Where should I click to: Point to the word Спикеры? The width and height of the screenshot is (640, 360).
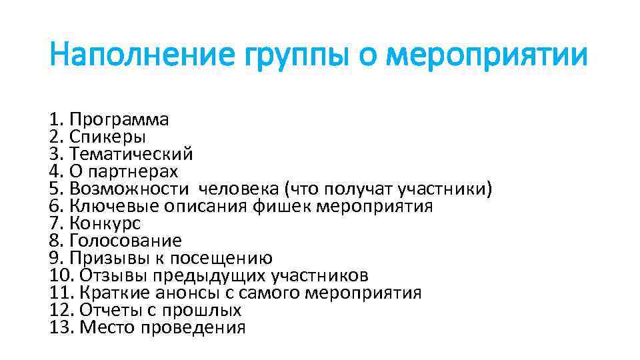(x=107, y=137)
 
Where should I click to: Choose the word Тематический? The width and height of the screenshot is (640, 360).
(x=131, y=154)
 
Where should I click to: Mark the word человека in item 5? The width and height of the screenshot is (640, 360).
(x=243, y=189)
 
